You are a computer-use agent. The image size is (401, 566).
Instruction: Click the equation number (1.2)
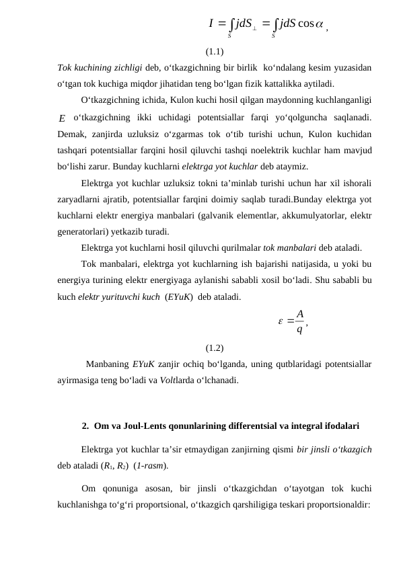coord(215,348)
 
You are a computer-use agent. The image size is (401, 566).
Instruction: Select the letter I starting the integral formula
coord(212,25)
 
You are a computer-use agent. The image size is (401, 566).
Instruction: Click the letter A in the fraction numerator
coord(299,314)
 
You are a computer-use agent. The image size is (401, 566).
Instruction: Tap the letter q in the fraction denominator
coord(299,329)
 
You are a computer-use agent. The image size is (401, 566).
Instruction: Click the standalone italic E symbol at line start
coord(62,119)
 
